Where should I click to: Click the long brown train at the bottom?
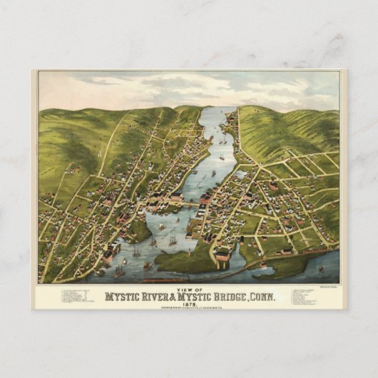pyautogui.click(x=214, y=274)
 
